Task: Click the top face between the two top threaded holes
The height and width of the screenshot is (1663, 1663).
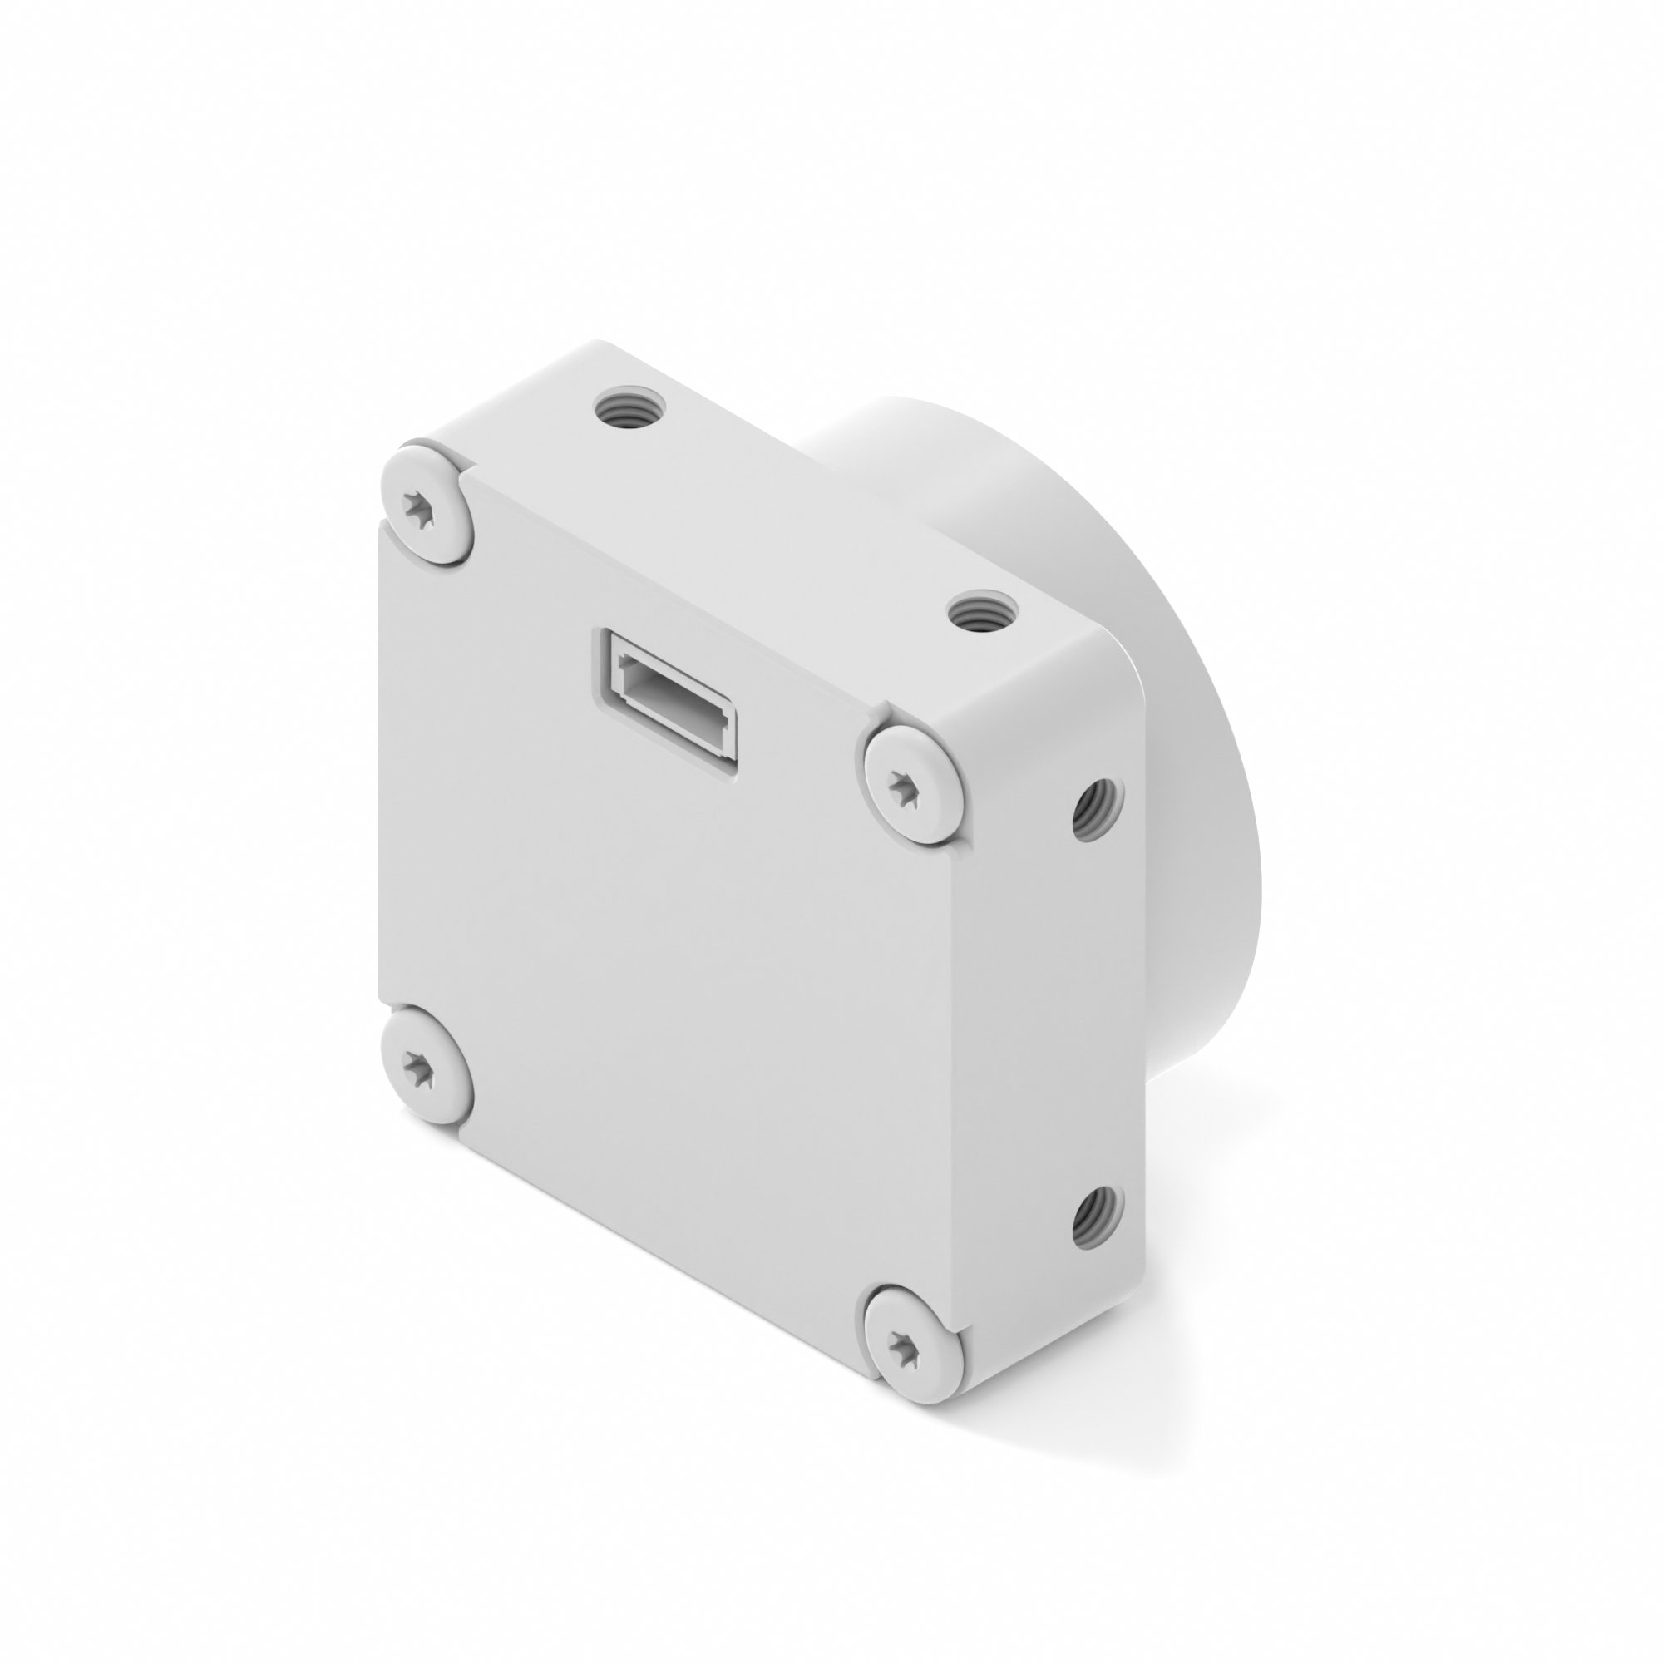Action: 801,508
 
